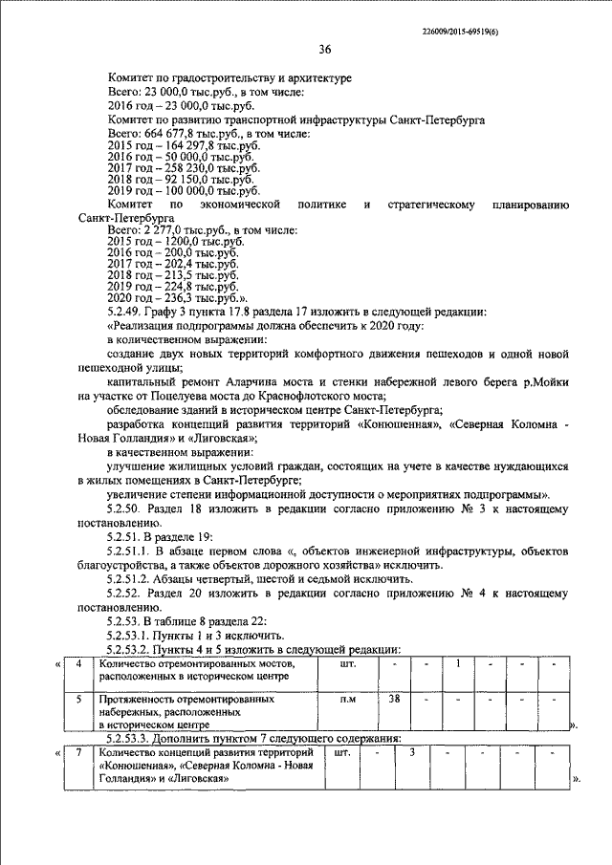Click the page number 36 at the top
click(x=324, y=49)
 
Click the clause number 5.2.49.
click(x=126, y=311)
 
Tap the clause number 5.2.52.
click(x=126, y=593)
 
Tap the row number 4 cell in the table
click(x=78, y=663)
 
